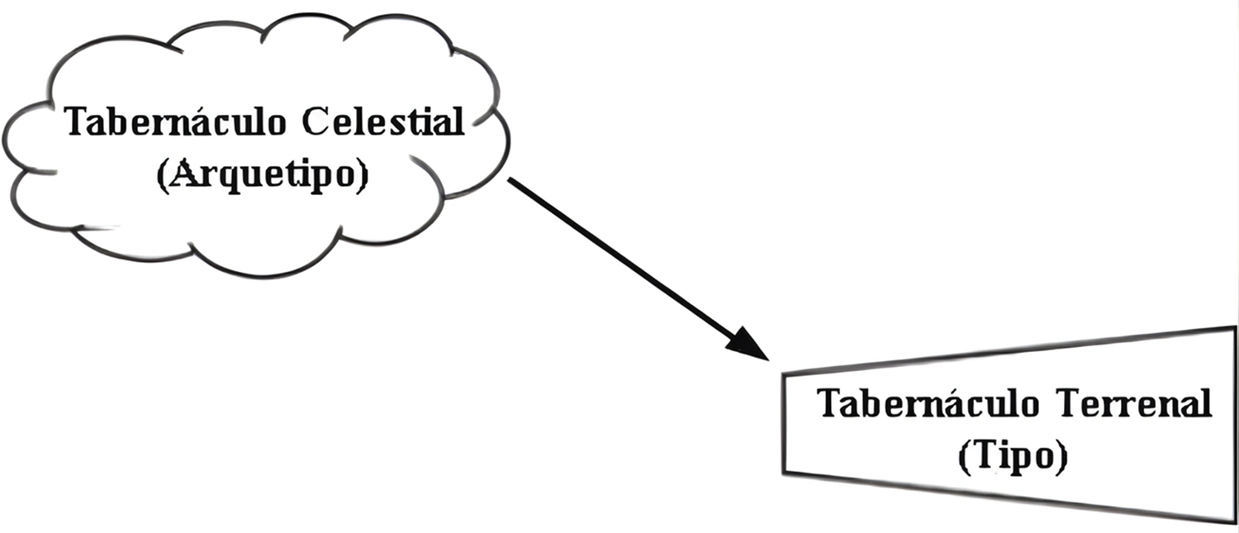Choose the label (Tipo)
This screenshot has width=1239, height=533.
coord(1012,457)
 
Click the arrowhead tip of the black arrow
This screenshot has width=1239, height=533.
coord(768,359)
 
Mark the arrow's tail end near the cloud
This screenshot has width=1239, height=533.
coord(509,179)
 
